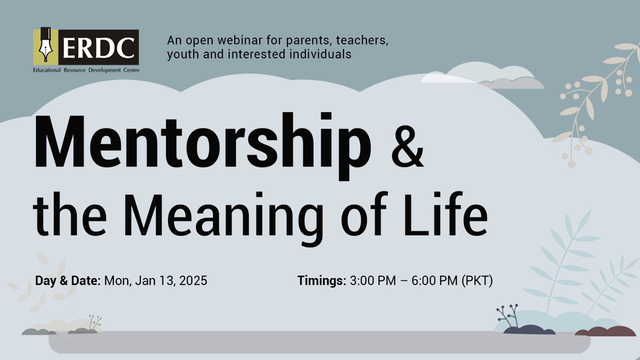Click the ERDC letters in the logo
click(98, 48)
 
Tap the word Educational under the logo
click(47, 70)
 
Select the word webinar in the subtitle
click(238, 40)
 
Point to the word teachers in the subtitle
click(362, 40)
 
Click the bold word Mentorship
click(202, 146)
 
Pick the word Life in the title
click(445, 214)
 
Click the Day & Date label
click(68, 280)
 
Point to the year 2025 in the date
click(193, 280)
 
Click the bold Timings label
click(322, 281)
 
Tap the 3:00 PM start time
click(373, 280)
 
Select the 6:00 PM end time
click(434, 280)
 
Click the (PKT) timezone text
click(478, 280)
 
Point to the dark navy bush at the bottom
click(528, 330)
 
